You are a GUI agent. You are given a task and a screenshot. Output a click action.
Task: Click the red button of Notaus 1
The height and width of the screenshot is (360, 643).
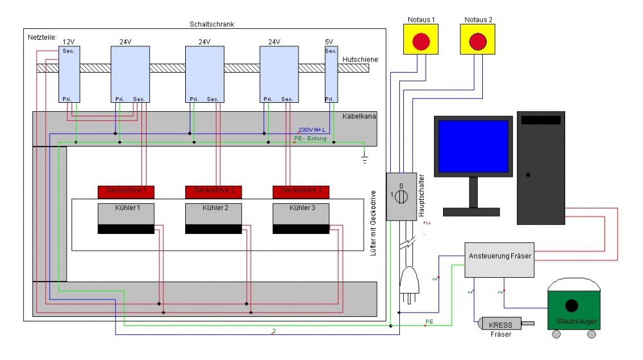coord(421,42)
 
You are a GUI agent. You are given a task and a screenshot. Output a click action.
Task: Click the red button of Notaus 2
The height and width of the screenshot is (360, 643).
coord(477,42)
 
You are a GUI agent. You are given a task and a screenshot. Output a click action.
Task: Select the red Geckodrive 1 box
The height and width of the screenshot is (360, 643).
coord(126,191)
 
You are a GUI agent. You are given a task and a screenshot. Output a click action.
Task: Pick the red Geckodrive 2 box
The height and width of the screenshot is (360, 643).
coord(213,191)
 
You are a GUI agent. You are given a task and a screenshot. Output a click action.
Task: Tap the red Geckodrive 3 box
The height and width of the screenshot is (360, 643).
coord(300,191)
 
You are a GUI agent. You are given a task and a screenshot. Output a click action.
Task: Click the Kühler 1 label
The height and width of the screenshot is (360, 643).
coord(125,208)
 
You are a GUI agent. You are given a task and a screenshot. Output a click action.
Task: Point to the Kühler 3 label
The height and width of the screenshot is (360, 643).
coord(300,208)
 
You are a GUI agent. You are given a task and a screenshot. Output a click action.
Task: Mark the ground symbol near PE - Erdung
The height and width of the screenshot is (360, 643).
coord(365,154)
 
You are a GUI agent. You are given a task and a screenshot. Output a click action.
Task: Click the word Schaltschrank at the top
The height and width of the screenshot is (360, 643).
coord(212,24)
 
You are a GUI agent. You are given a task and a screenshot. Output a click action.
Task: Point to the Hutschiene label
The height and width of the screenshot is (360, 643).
coord(359,60)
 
